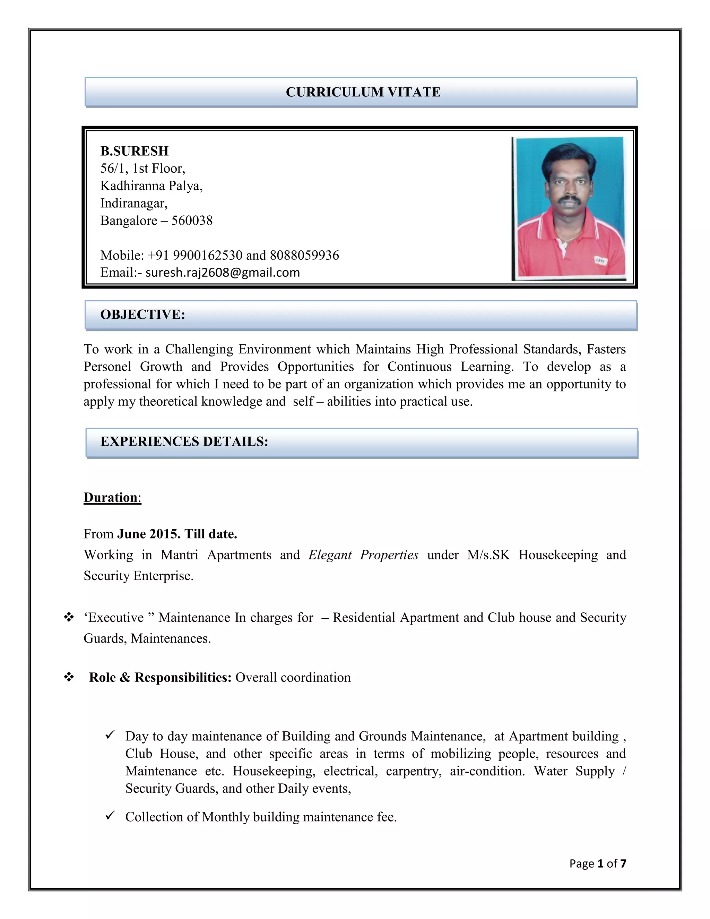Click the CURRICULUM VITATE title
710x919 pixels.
(363, 92)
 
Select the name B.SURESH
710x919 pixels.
(134, 151)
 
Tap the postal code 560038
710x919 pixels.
(192, 221)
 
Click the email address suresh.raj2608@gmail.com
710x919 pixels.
(223, 273)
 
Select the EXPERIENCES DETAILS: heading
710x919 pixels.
(184, 441)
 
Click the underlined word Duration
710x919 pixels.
(111, 497)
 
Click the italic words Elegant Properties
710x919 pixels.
(363, 555)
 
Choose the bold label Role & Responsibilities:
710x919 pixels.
(160, 678)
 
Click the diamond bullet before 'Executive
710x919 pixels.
(69, 618)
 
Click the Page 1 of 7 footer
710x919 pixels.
(597, 864)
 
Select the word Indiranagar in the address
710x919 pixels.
(133, 203)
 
